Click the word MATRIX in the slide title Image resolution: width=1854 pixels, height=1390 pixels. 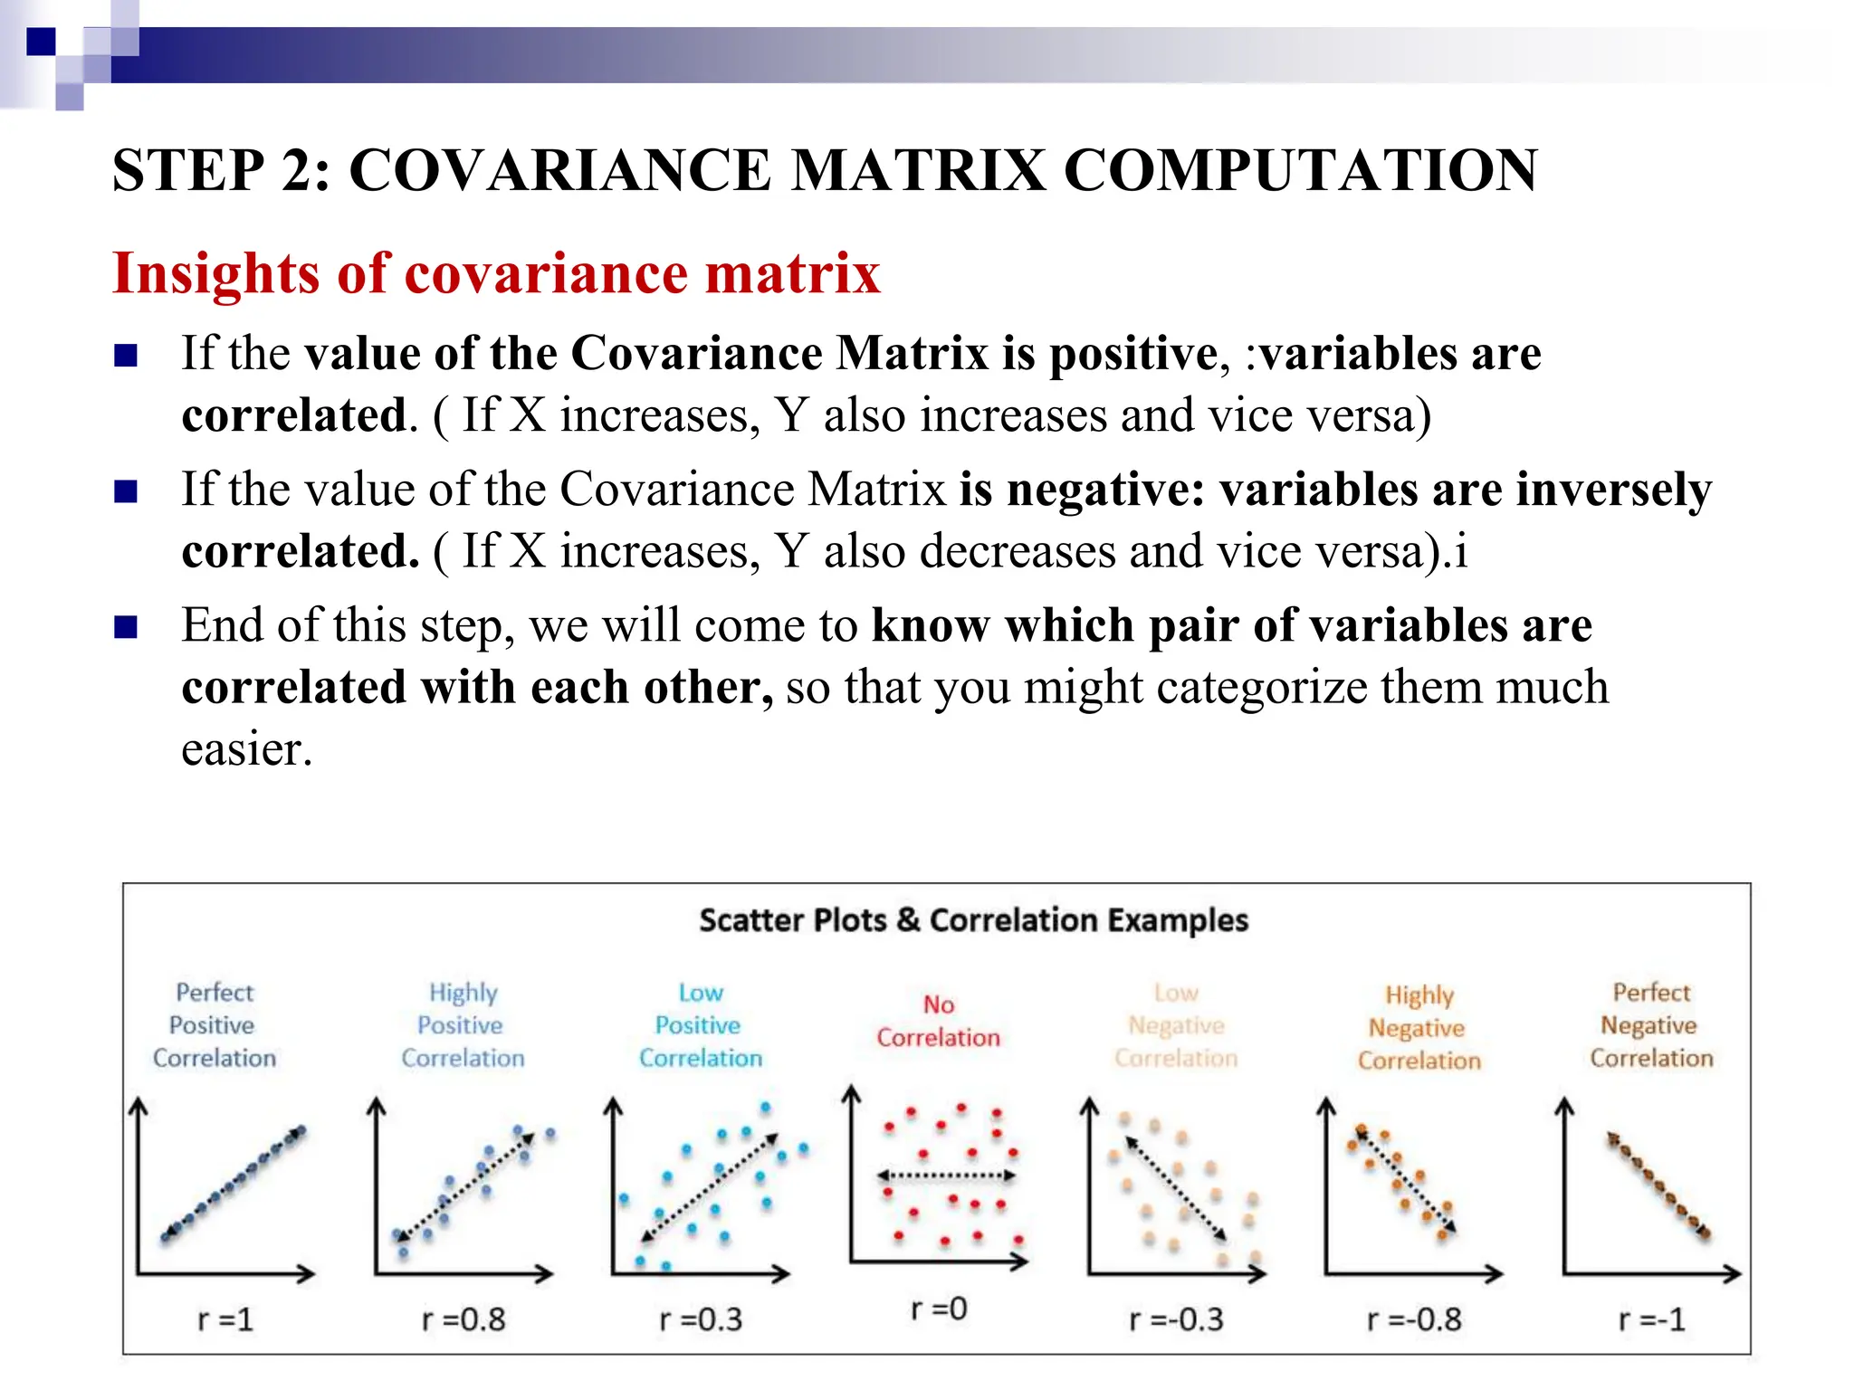point(917,170)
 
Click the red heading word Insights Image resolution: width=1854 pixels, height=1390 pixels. point(215,273)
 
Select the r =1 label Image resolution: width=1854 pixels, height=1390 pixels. point(225,1319)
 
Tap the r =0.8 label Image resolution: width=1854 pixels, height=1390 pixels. point(463,1319)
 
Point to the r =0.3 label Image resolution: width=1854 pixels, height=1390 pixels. point(701,1319)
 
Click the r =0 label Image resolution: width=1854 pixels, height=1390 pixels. point(939,1309)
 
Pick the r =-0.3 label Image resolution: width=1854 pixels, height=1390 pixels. point(1176,1319)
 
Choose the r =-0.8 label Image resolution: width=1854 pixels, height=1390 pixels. point(1414,1319)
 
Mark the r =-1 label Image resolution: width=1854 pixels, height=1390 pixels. point(1652,1319)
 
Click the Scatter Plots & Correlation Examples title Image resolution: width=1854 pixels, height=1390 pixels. point(973,920)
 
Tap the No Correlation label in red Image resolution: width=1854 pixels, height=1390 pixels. point(939,1022)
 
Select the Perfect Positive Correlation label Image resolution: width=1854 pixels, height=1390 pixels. point(215,1025)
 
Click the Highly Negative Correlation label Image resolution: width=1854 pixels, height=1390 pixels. point(1419,1028)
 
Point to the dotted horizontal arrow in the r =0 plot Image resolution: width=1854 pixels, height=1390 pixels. point(946,1176)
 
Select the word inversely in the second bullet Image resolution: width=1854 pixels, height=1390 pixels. point(1614,490)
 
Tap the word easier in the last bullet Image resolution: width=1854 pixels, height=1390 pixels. point(245,749)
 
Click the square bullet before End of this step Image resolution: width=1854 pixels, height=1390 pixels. point(126,627)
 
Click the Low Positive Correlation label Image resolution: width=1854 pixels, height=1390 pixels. point(701,1025)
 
